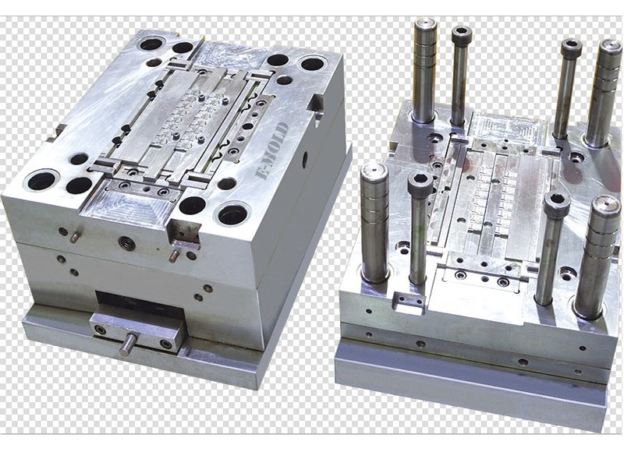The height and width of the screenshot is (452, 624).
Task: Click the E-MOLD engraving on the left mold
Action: point(271,150)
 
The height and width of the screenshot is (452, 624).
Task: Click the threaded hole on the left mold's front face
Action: point(127,242)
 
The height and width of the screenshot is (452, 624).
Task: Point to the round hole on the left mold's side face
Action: point(305,160)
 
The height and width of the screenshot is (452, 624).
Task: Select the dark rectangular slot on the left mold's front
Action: point(140,304)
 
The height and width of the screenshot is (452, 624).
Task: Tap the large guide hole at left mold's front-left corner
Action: point(42,181)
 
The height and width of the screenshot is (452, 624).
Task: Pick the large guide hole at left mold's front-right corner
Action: point(232,214)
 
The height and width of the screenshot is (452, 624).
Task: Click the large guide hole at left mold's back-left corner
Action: point(152,43)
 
